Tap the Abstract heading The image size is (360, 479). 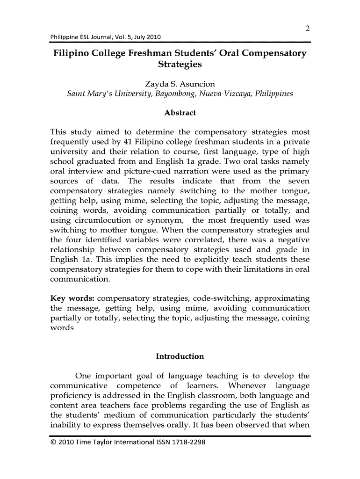180,113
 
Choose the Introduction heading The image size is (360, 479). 180,356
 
